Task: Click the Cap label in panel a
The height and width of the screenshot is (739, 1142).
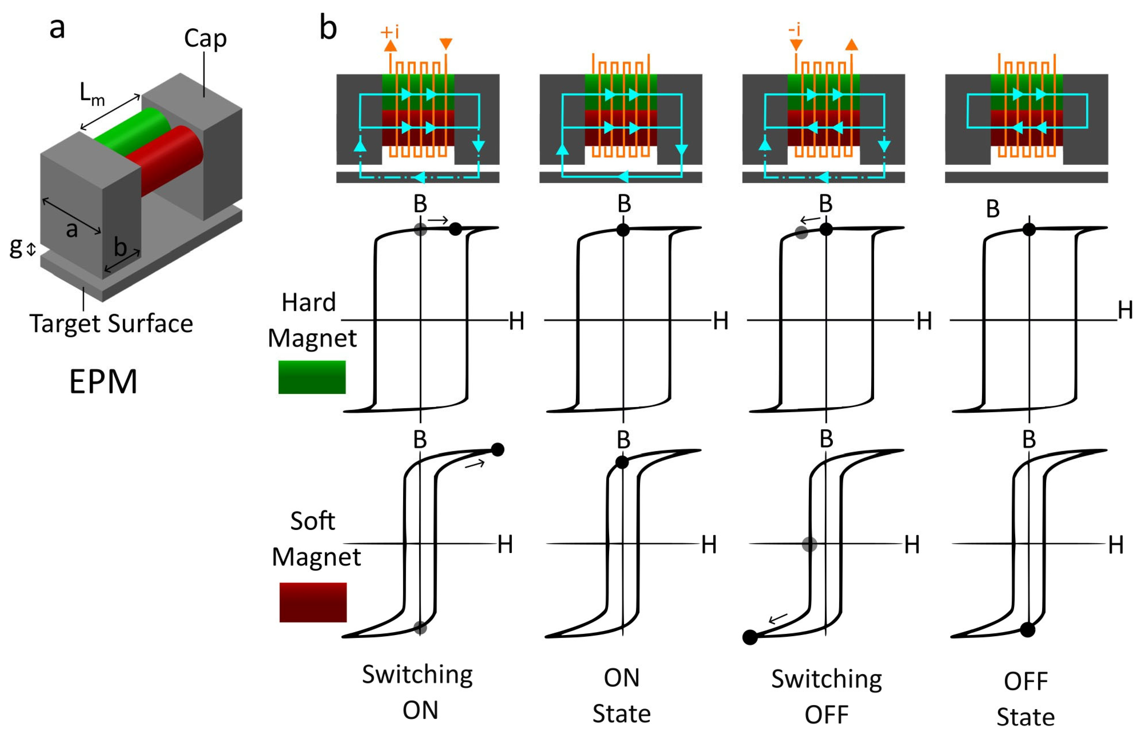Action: point(205,38)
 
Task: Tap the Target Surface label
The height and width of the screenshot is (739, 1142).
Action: point(111,324)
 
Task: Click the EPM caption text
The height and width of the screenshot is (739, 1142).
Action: point(104,382)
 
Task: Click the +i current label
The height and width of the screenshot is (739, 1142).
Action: point(390,32)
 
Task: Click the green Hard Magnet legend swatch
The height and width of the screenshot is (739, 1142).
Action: point(312,377)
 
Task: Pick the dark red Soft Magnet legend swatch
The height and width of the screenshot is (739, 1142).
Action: point(313,602)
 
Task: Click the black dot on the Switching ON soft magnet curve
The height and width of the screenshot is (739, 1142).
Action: point(498,450)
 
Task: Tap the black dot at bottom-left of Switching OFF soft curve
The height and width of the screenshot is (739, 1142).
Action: point(750,637)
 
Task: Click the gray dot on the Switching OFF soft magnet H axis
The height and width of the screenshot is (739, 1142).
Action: point(809,544)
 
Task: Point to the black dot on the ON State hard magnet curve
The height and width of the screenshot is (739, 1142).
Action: point(623,230)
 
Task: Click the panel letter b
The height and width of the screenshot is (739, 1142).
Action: point(328,28)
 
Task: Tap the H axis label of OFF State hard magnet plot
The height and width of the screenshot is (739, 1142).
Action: point(1125,310)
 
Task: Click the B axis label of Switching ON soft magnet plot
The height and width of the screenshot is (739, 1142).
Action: point(420,440)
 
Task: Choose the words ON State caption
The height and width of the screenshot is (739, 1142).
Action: point(622,696)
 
